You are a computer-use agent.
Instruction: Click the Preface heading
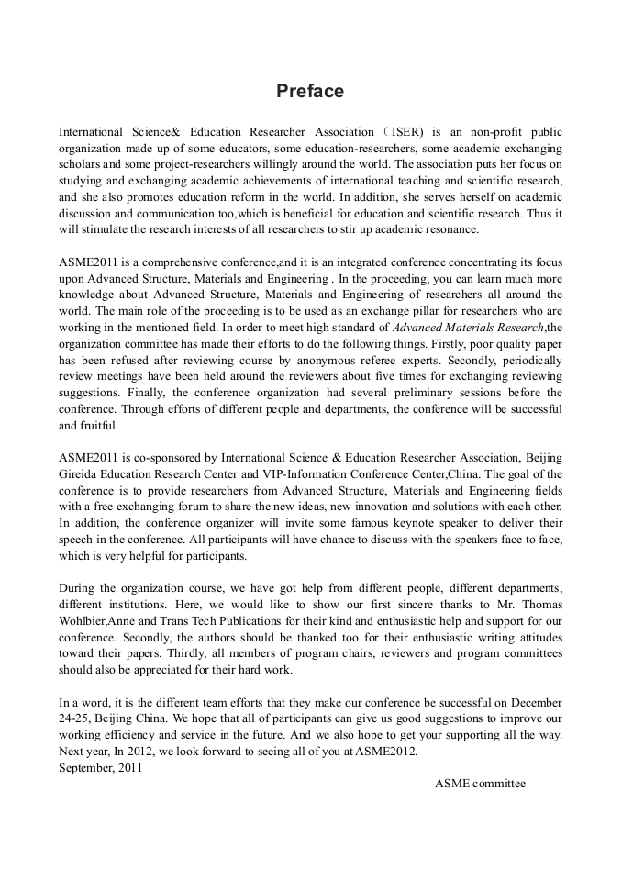tap(310, 92)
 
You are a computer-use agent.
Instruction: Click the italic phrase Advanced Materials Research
tap(469, 328)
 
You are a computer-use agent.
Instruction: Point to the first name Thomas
tap(537, 604)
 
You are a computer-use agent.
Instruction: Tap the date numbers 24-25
tap(74, 718)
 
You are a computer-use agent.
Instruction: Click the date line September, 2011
tap(100, 768)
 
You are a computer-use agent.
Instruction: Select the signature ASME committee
tap(480, 784)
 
